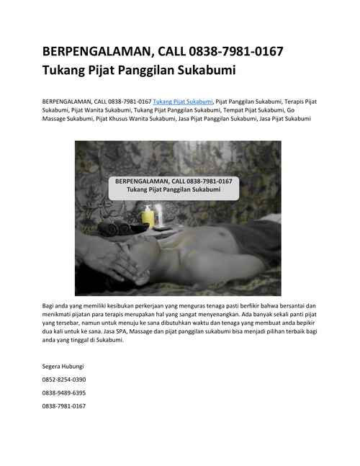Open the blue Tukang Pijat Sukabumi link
[x=183, y=102]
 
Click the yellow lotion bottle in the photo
[x=148, y=216]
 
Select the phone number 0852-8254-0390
[x=64, y=379]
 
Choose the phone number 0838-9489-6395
[x=64, y=393]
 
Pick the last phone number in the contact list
[x=64, y=406]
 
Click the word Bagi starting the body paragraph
[x=49, y=305]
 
